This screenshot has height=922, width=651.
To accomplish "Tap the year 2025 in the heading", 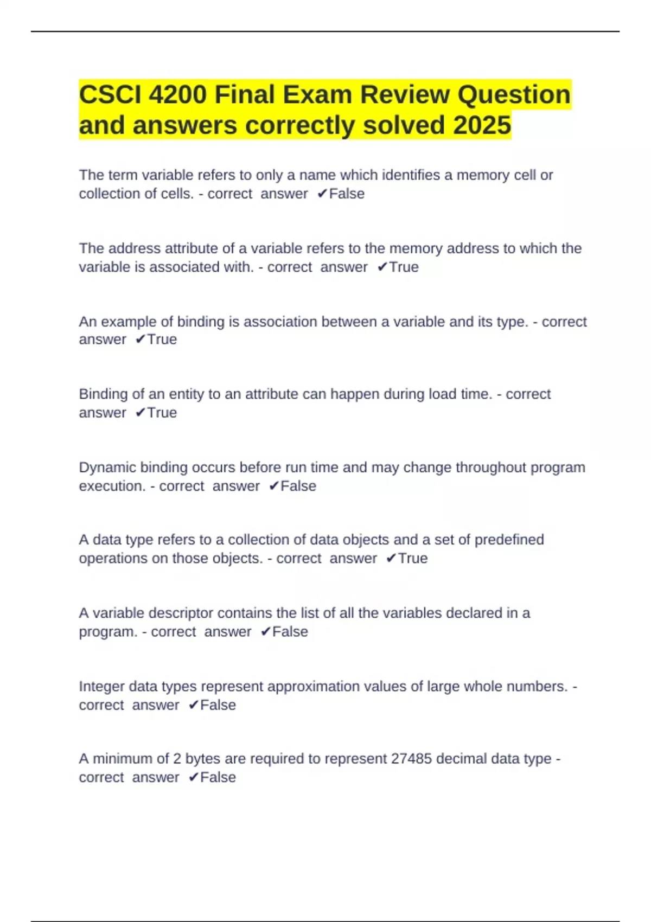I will [482, 125].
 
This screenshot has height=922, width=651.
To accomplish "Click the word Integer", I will [101, 687].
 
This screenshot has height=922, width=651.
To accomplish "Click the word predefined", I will [509, 540].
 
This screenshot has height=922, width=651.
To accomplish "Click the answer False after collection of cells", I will [347, 194].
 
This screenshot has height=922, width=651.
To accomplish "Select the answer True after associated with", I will [404, 267].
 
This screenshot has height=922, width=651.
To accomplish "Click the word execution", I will [112, 486].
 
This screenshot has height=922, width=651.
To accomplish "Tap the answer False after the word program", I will [290, 632].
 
